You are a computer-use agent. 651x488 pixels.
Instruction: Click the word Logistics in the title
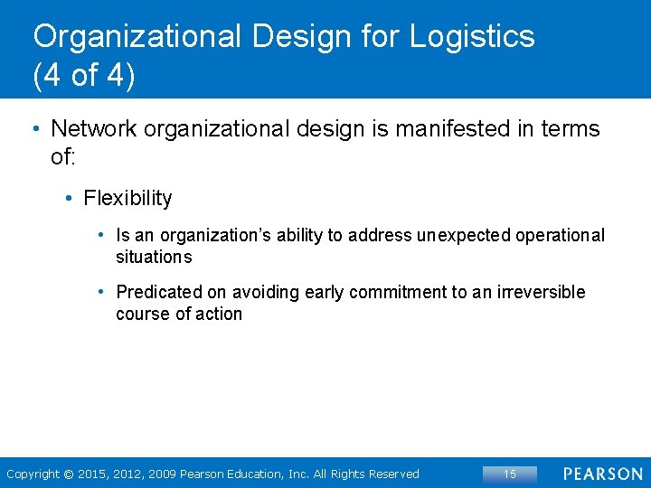472,37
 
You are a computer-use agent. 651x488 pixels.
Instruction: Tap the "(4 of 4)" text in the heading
84,76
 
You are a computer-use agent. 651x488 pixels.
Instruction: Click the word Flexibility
127,198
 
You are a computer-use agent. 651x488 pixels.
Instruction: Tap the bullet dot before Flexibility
70,198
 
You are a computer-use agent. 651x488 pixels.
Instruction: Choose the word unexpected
463,236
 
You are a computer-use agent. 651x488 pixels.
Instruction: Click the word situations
154,258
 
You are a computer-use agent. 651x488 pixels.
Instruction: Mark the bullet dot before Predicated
103,292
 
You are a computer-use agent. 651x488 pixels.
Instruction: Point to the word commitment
405,292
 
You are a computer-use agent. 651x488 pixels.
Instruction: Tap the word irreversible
541,292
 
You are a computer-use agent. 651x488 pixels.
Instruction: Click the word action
222,314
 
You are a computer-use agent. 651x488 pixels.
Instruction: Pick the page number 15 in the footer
510,474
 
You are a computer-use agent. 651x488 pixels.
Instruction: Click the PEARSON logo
603,474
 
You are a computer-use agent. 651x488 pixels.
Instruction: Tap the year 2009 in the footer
162,474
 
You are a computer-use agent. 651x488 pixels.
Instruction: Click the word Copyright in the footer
33,474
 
